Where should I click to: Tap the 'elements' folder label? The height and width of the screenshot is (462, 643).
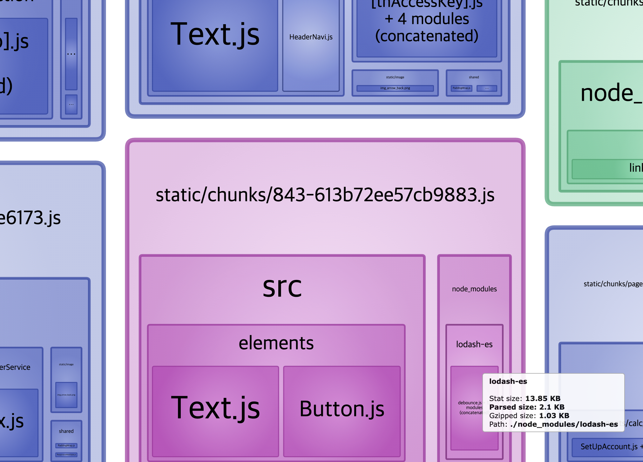click(276, 343)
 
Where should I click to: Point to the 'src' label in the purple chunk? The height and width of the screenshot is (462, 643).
click(282, 287)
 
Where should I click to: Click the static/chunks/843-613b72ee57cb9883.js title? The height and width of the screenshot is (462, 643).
click(325, 195)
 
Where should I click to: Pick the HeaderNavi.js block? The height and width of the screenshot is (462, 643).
click(311, 37)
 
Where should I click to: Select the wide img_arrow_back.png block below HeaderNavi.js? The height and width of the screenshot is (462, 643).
click(395, 88)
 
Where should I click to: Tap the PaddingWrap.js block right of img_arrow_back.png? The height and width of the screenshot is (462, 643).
click(461, 88)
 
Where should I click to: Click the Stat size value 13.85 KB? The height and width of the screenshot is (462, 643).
click(543, 398)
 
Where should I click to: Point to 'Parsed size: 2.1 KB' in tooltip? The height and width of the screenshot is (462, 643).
click(527, 407)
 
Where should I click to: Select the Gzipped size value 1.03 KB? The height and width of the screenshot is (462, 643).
click(554, 416)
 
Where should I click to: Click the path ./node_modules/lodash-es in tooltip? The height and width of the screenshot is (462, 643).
click(564, 424)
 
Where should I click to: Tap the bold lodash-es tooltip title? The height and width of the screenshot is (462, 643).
click(508, 381)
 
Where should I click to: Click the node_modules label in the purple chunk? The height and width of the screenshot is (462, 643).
click(474, 289)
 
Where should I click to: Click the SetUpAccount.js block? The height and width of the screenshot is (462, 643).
click(608, 447)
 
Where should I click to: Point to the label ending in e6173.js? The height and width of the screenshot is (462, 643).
click(30, 218)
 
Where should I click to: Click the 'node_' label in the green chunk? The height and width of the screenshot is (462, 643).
click(610, 93)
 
